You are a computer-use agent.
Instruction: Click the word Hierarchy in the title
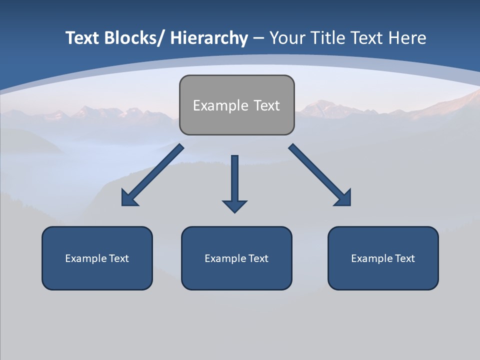tap(209, 38)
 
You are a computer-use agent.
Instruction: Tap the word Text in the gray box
tap(266, 105)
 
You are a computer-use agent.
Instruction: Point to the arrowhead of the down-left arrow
tap(129, 198)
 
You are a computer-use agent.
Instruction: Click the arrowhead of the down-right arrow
tap(343, 198)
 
